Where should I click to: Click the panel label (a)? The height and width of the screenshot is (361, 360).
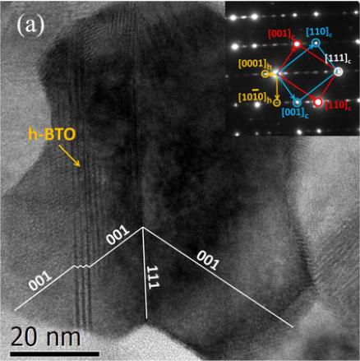pos(30,26)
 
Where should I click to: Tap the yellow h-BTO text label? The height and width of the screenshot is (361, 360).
pos(52,135)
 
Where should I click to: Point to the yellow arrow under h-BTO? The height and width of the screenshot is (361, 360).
pos(69,155)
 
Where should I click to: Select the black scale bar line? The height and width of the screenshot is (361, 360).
pos(54,354)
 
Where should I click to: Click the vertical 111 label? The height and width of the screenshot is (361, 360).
pos(153,277)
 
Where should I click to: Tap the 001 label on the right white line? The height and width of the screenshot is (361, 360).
pos(208,260)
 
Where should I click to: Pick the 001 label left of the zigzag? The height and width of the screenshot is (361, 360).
pos(40,280)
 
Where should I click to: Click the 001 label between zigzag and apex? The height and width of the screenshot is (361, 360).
pos(118,234)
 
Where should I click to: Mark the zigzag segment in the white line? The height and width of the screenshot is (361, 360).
pos(81,266)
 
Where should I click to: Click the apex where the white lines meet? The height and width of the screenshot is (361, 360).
pos(142,227)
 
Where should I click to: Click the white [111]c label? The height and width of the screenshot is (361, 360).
pos(338,58)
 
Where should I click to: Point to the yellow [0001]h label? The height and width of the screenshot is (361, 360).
pos(252,64)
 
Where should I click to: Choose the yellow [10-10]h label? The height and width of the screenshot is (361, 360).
pos(255,97)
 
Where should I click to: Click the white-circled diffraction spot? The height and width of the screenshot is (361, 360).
pos(339,72)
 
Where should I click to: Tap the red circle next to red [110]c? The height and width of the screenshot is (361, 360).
pos(318,102)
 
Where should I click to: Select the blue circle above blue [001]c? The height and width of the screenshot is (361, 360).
pos(297,103)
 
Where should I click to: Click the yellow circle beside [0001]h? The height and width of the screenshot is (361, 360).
pos(265,74)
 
